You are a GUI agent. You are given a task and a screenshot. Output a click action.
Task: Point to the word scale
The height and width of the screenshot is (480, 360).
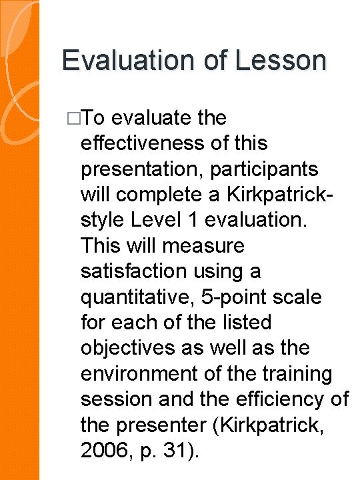(x=297, y=297)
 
